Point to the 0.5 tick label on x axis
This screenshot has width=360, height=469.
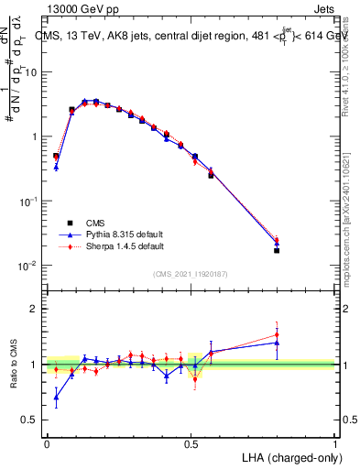point(191,442)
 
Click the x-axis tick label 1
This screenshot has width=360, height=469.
point(335,442)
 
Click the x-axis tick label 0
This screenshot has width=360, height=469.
point(47,442)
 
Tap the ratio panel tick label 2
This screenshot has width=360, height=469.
point(35,309)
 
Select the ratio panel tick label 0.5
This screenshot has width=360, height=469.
point(31,420)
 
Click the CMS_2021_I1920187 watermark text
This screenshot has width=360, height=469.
point(191,274)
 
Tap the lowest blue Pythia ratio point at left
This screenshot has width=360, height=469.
point(56,397)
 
